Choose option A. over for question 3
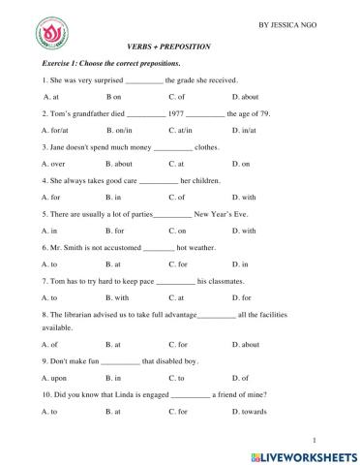point(53,165)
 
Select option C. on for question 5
point(177,231)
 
